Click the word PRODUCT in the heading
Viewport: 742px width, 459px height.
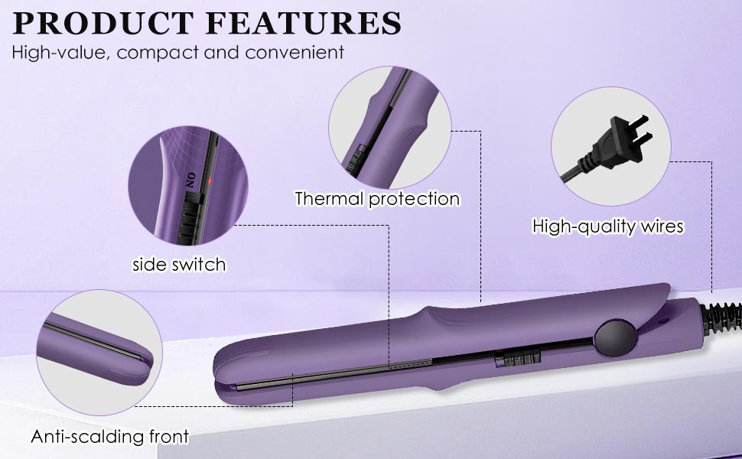coord(103,24)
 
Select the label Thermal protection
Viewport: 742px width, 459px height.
coord(377,199)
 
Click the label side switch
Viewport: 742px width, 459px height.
coord(179,265)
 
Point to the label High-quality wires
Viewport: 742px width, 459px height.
coord(607,226)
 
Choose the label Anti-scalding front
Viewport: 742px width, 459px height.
coord(109,437)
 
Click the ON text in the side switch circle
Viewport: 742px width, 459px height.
coord(191,180)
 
